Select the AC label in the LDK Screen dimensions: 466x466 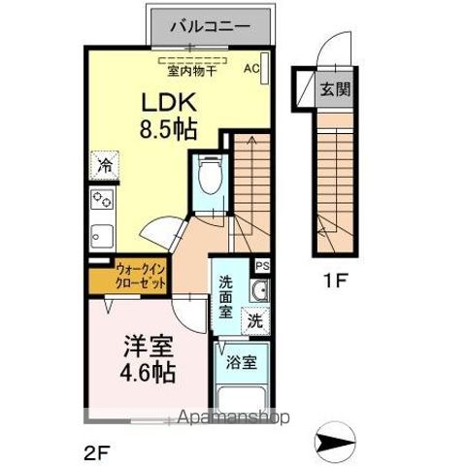250,69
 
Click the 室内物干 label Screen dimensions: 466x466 190,69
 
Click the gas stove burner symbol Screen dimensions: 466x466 102,200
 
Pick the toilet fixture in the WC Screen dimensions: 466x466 207,178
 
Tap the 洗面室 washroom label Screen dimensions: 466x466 225,297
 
